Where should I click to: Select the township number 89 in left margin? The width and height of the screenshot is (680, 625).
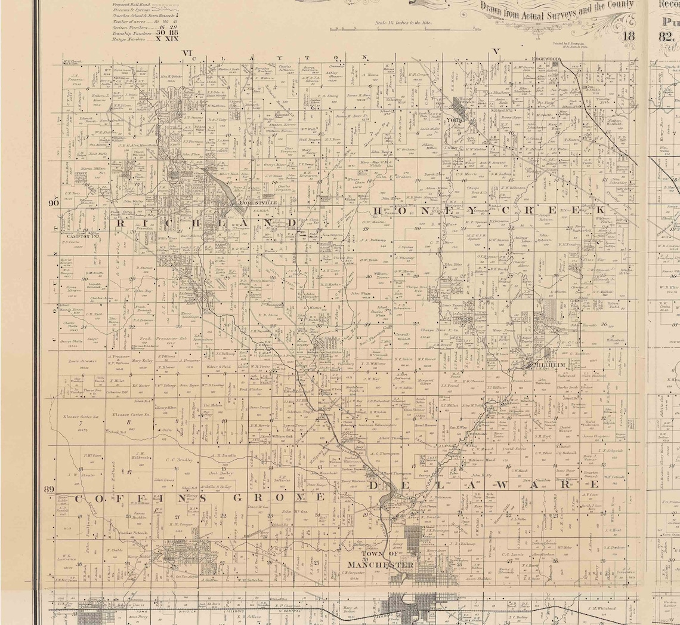pos(50,489)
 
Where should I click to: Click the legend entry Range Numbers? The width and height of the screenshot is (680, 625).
pos(131,39)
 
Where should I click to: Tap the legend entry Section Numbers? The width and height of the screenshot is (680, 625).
pos(130,27)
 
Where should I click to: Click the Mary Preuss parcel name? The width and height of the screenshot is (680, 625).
pos(503,330)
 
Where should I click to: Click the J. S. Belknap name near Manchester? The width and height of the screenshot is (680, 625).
pos(463,543)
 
